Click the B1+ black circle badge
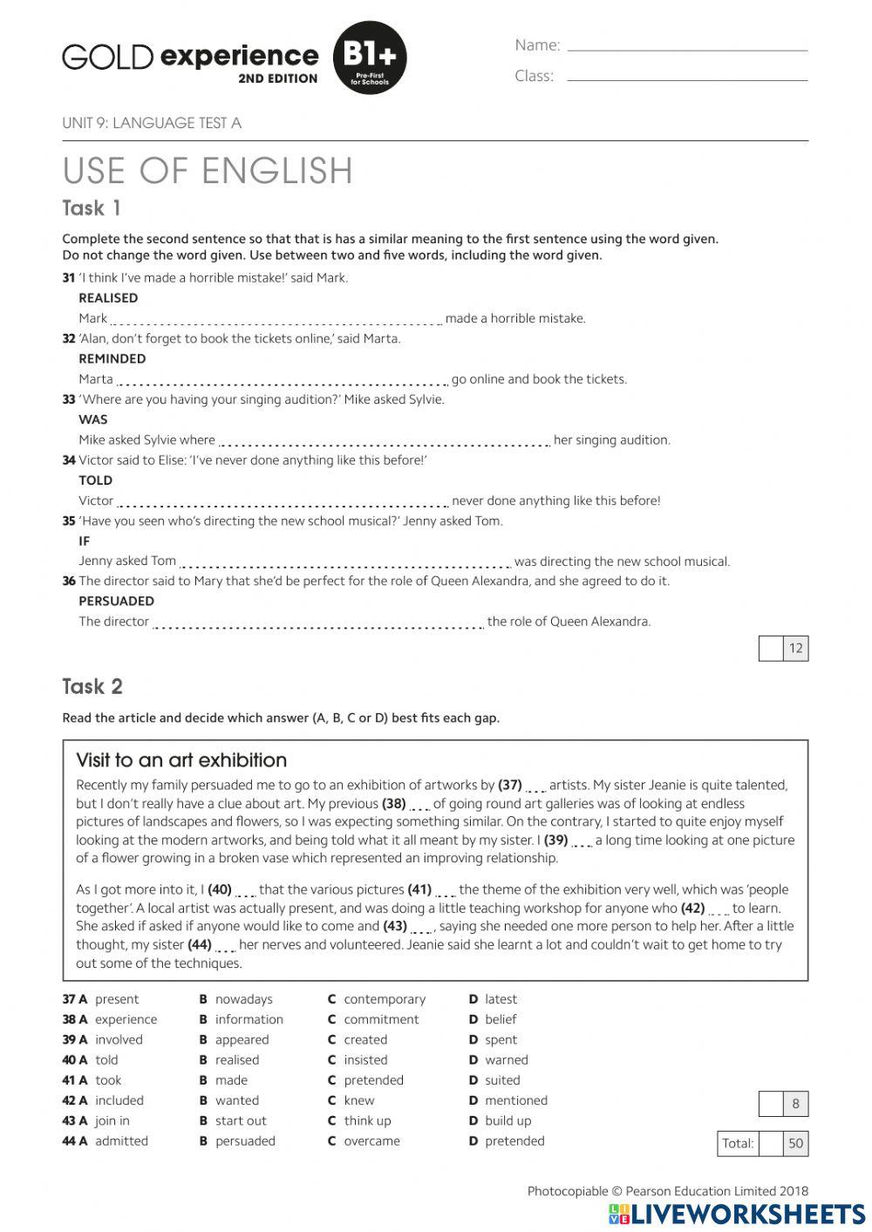(x=370, y=58)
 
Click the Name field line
(x=687, y=49)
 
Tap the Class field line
(x=687, y=79)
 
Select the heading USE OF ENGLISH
(x=208, y=171)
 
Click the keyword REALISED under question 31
(x=108, y=298)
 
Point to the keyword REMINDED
(x=112, y=358)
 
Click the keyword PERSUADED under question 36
(x=116, y=601)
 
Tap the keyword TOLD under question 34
(x=95, y=480)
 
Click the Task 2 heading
(x=92, y=687)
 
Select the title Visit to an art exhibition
(x=181, y=760)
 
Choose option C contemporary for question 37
(x=384, y=999)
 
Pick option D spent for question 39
(x=500, y=1039)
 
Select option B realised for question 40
(x=236, y=1060)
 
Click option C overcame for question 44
(x=371, y=1140)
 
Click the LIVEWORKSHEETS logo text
(x=747, y=1214)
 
